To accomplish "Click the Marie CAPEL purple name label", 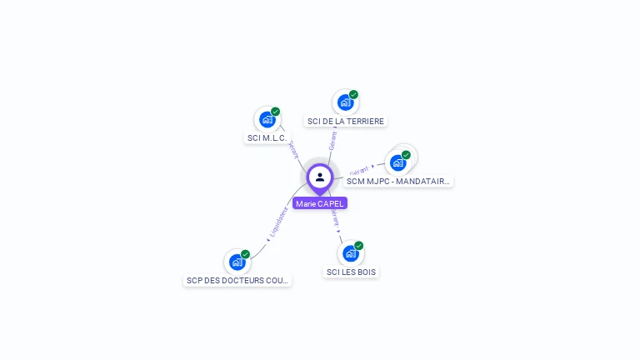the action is (x=319, y=203).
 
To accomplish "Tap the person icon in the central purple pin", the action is (x=320, y=177).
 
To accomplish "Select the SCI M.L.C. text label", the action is (x=267, y=138).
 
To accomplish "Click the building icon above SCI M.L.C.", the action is (x=267, y=119).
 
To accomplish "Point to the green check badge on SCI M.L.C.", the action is (x=275, y=112).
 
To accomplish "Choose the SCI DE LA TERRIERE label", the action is (x=345, y=121).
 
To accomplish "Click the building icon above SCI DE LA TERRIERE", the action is (x=345, y=102).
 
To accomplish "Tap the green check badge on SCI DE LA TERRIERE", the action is (x=353, y=95).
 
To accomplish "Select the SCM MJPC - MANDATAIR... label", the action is (x=398, y=181).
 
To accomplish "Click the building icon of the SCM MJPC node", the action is (x=397, y=162).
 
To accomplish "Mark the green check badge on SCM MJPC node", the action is (x=406, y=155).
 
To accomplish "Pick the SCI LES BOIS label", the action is (x=351, y=272).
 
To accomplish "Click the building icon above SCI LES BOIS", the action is (x=350, y=253).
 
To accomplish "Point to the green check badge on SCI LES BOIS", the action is (x=358, y=246).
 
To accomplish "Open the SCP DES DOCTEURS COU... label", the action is (x=237, y=281).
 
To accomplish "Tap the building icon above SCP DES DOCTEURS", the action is (x=237, y=262).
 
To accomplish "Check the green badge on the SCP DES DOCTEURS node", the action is (x=245, y=254).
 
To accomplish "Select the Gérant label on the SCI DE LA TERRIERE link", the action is (x=332, y=140).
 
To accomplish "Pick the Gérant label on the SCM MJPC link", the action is (x=359, y=169).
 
